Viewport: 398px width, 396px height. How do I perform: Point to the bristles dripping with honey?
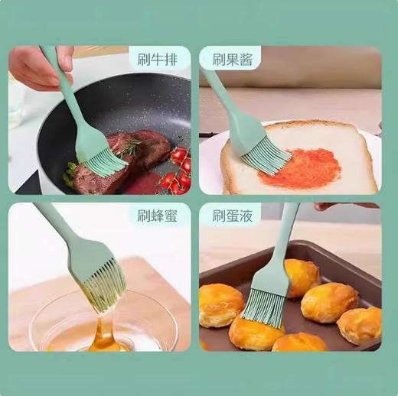click(104, 286)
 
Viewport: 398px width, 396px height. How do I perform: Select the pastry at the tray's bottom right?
click(359, 325)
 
